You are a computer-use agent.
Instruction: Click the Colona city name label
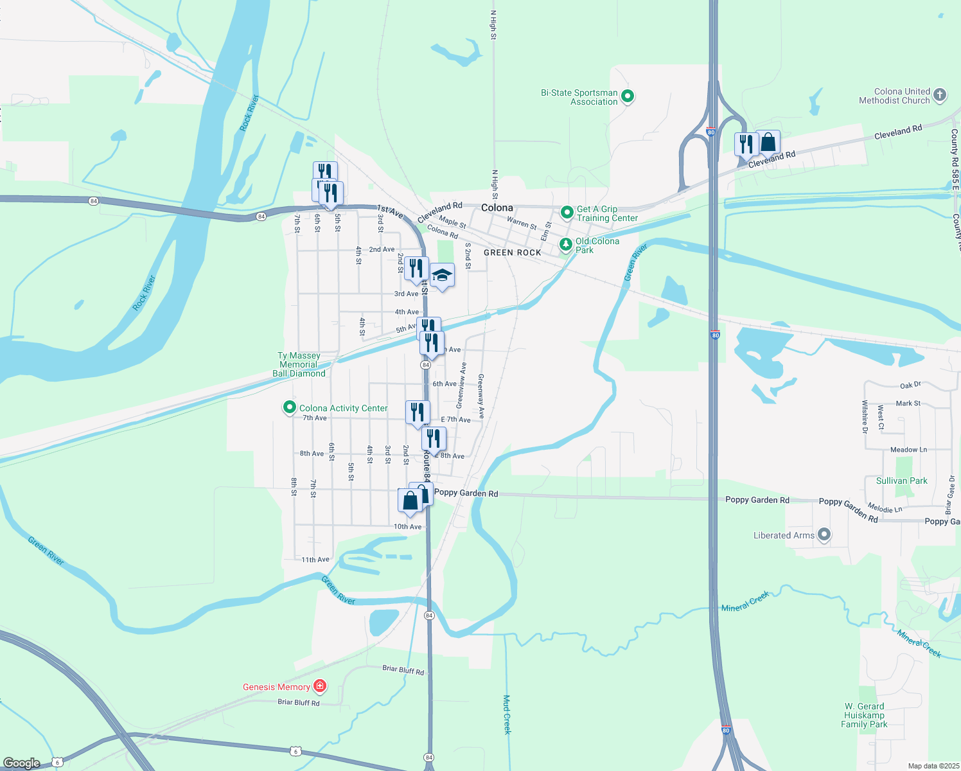pos(497,208)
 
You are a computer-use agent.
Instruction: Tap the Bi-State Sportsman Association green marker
pos(628,97)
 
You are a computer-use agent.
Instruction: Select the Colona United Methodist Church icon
pos(939,96)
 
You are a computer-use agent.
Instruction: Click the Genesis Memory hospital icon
pos(320,687)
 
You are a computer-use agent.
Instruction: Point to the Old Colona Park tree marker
pos(565,244)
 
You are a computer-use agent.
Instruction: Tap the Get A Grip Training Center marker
pos(567,212)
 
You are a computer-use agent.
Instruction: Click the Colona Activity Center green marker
pos(290,407)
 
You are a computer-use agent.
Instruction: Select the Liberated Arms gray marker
pos(824,535)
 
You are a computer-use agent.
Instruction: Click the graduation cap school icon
pos(442,276)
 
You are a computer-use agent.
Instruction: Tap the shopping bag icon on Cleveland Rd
pos(768,142)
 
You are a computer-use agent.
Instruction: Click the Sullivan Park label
pos(902,481)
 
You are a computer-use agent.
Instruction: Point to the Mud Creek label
pos(507,714)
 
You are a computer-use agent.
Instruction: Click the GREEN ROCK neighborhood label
pos(513,253)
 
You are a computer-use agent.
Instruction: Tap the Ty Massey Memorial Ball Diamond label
pos(299,364)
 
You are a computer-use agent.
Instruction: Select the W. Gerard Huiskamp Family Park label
pos(864,715)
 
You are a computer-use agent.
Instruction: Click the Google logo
pos(22,763)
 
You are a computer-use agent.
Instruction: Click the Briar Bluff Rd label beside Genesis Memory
pos(299,702)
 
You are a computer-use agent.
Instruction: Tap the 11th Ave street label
pos(315,560)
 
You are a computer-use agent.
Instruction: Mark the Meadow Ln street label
pos(908,450)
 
